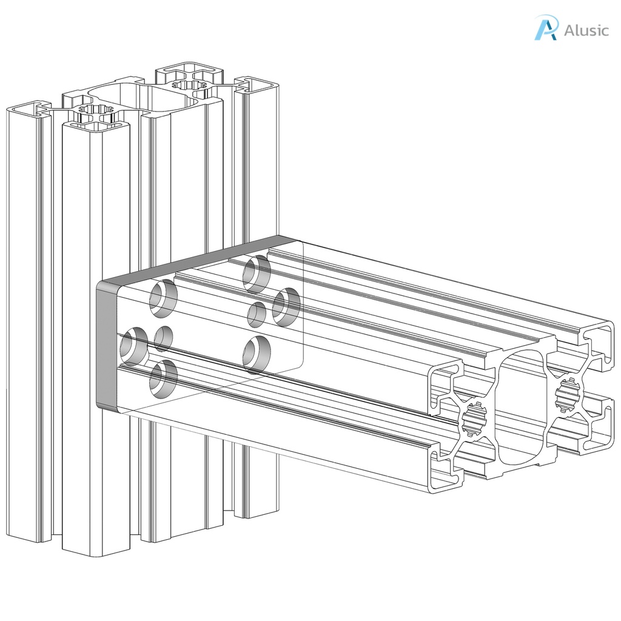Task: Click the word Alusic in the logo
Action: (x=586, y=30)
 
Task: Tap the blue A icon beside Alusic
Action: (x=546, y=28)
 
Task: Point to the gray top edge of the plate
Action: (x=194, y=258)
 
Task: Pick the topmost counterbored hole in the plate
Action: (x=257, y=273)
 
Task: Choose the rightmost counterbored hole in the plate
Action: (x=286, y=306)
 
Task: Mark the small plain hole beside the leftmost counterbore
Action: (x=163, y=338)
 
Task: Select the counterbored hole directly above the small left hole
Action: (x=163, y=298)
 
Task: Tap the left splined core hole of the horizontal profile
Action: (x=475, y=419)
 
